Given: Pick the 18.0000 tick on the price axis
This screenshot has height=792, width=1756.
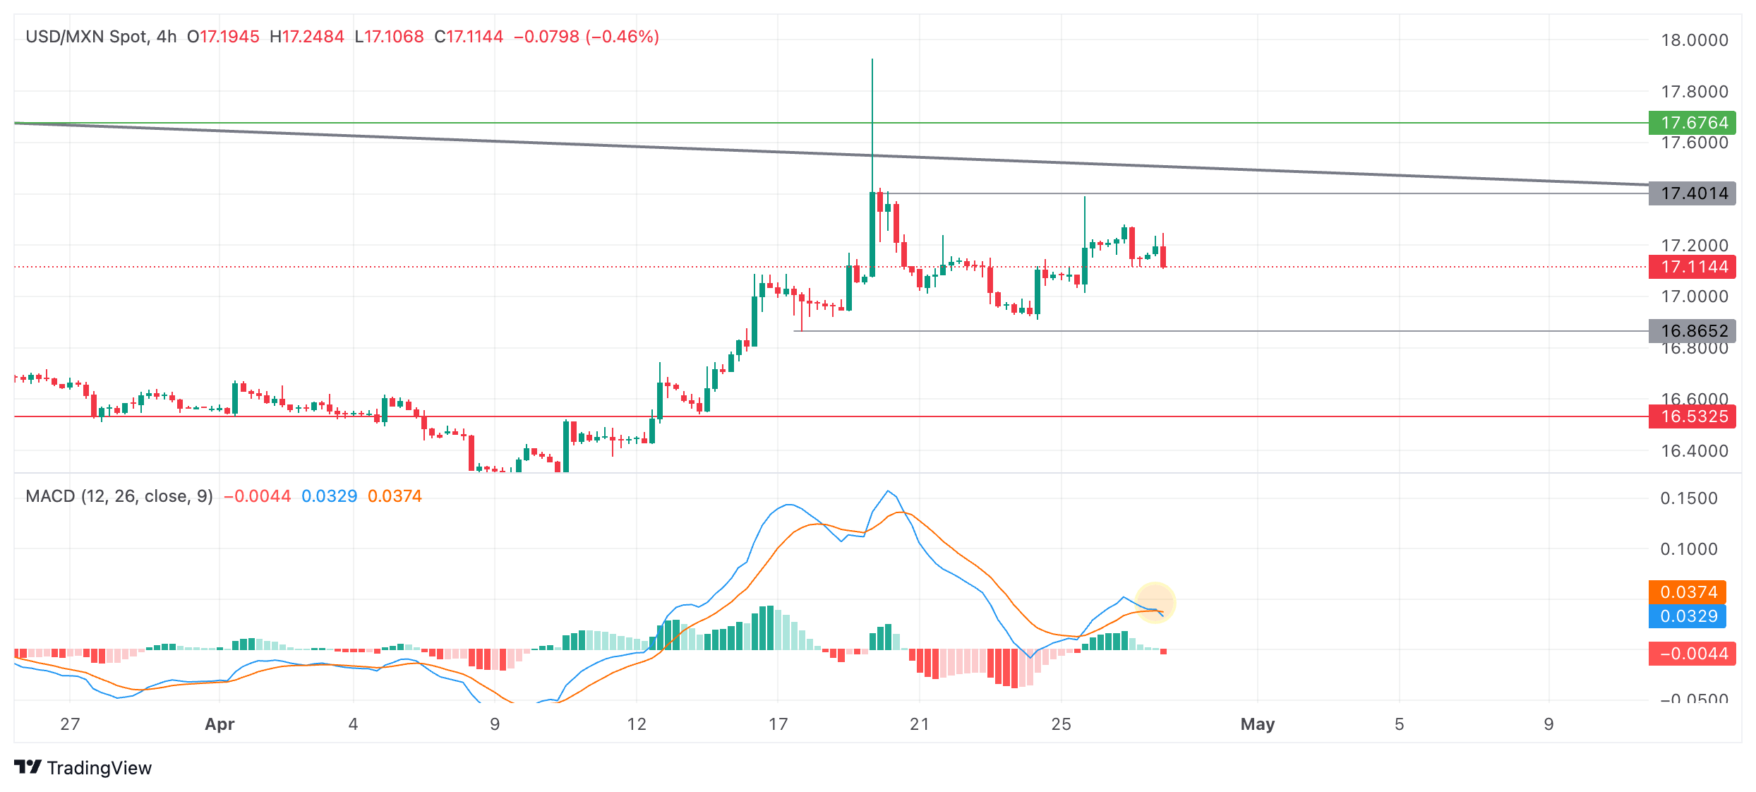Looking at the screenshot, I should [x=1694, y=40].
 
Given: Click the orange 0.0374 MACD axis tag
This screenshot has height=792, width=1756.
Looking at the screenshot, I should [x=1687, y=592].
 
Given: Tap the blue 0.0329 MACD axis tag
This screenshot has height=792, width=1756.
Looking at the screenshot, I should [x=1687, y=616].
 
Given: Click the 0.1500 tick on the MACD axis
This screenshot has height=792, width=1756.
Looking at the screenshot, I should [x=1688, y=498].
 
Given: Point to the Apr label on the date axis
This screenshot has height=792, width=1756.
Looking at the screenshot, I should [x=220, y=724].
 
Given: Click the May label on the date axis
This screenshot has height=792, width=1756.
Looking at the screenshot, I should [x=1257, y=724].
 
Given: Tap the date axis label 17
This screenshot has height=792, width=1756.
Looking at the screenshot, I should [x=778, y=724].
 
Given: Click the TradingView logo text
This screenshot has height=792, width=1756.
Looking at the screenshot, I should [x=99, y=768].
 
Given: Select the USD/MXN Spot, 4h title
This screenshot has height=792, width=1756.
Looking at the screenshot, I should [x=101, y=37].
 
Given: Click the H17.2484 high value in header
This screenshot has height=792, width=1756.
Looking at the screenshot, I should [x=307, y=37].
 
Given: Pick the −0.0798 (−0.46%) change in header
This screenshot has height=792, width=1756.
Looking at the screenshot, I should [x=586, y=37].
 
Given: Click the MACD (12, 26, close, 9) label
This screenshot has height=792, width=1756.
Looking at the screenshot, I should [x=119, y=496].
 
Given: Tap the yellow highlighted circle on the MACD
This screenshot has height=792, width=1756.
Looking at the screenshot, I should [x=1155, y=603].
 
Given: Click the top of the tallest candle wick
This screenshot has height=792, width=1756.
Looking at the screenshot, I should [x=872, y=60].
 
